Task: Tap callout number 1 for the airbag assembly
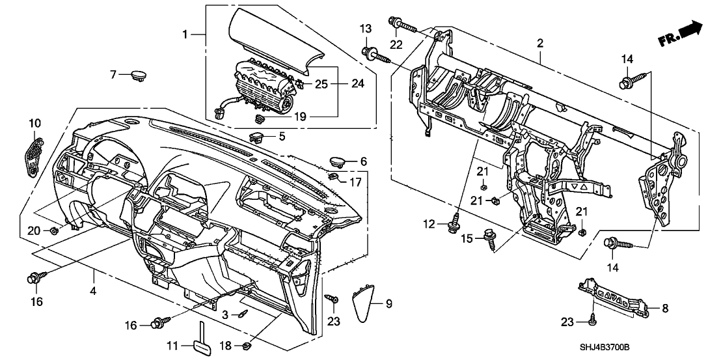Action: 186,34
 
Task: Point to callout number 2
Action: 539,44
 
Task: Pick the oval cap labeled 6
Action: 339,160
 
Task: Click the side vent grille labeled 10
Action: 34,154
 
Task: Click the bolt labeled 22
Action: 403,26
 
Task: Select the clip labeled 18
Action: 248,345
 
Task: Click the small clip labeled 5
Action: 256,137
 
